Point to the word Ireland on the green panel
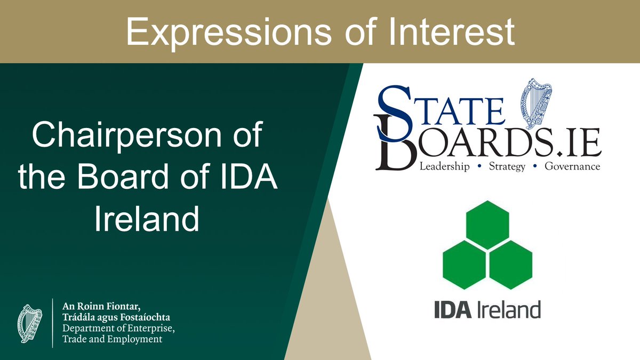(147, 219)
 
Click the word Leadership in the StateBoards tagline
(444, 167)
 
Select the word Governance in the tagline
(572, 167)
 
